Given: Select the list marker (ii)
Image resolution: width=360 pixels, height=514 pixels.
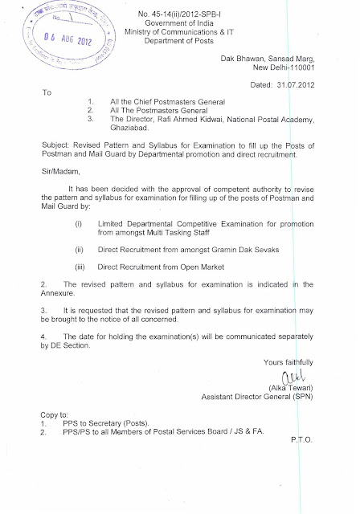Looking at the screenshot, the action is (x=79, y=251).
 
